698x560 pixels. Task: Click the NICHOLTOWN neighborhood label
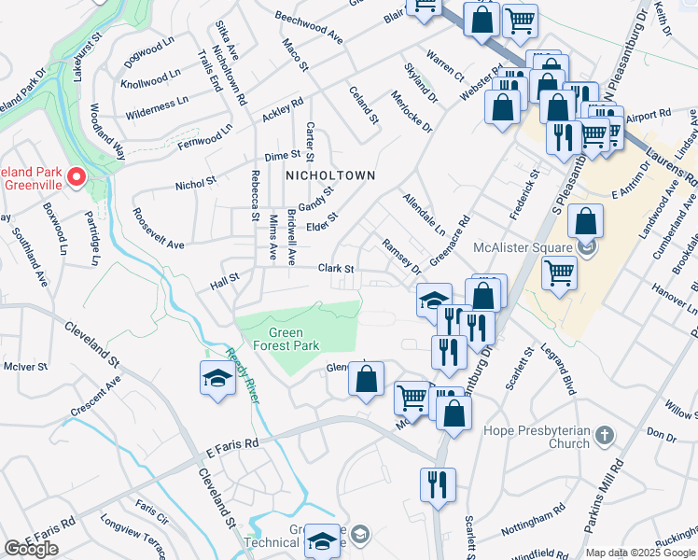(330, 175)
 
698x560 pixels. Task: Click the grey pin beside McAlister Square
(585, 247)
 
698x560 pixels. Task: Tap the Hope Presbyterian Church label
(537, 437)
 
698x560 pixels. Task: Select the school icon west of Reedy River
(216, 379)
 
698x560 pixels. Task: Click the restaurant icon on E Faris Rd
(437, 483)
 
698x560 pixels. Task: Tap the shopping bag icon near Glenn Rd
(367, 378)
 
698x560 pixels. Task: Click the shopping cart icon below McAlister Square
(558, 273)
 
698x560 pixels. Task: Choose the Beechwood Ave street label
(309, 27)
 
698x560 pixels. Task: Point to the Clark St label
(336, 268)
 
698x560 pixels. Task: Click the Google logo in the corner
(31, 549)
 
